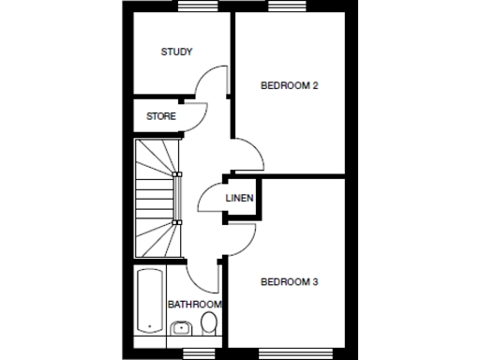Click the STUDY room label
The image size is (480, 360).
tap(176, 52)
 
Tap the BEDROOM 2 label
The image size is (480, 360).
tap(290, 85)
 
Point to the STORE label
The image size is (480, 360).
tap(160, 116)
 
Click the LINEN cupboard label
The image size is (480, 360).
tap(238, 198)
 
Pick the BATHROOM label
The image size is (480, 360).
tap(194, 305)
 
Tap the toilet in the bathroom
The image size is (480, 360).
tap(209, 324)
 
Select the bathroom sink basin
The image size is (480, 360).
tap(181, 328)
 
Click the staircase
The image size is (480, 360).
tap(155, 199)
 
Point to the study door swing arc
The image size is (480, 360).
tap(211, 82)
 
